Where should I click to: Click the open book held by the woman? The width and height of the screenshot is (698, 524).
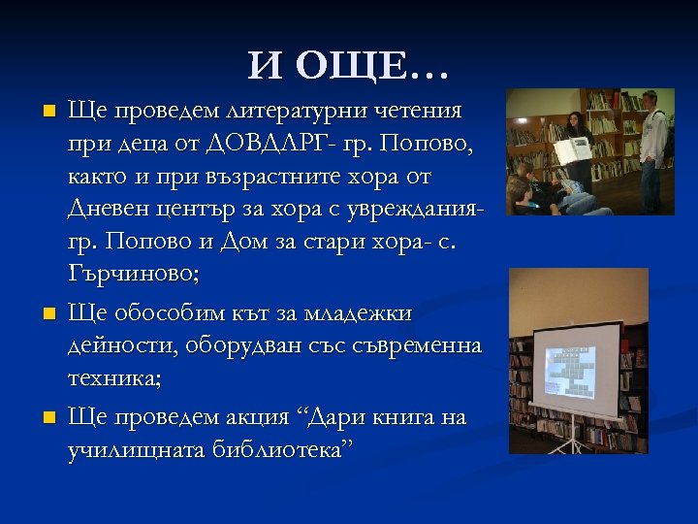[571, 149]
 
